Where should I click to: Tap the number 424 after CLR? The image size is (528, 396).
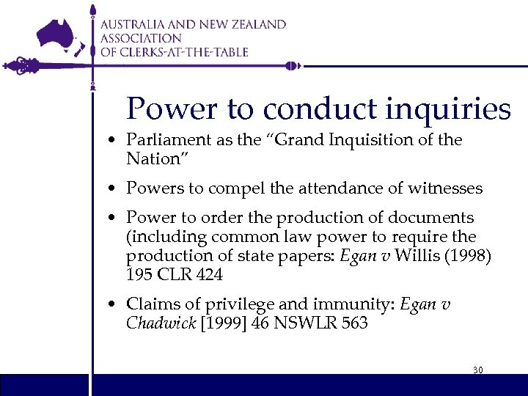[208, 275]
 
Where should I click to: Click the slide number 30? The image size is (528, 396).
[477, 370]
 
